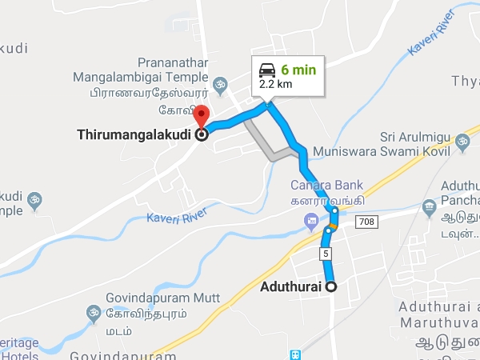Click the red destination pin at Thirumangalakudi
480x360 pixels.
tap(202, 114)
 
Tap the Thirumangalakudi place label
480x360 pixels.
tap(135, 135)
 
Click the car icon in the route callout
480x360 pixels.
tap(267, 70)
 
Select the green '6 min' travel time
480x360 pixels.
tap(298, 70)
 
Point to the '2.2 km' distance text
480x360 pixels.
tap(275, 83)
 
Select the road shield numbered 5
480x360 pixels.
tap(326, 254)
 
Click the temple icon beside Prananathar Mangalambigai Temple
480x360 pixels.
tap(221, 82)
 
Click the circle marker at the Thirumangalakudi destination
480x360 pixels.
tap(202, 135)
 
